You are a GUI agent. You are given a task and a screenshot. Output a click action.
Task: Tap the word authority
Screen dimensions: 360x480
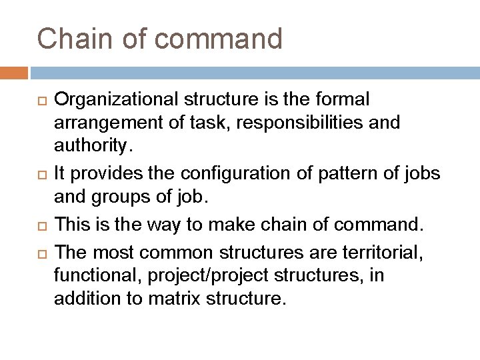(87, 145)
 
